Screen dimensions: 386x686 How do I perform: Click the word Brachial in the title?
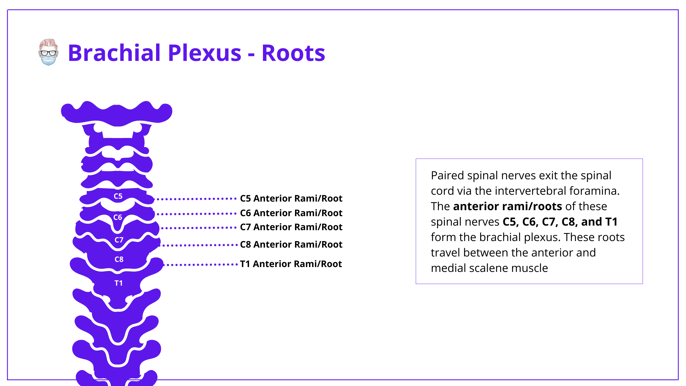point(114,53)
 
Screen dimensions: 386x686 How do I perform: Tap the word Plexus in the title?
point(205,53)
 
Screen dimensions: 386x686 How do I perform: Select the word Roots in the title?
point(293,53)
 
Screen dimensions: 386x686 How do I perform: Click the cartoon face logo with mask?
point(48,52)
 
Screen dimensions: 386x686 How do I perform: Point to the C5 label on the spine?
point(118,196)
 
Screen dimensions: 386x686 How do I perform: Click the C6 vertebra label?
point(117,217)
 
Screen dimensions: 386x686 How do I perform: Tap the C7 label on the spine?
point(119,240)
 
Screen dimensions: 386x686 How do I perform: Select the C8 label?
point(119,259)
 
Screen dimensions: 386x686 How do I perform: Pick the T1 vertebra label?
point(118,283)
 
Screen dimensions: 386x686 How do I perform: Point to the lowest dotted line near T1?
point(202,265)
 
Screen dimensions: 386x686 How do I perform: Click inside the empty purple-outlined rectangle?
point(529,221)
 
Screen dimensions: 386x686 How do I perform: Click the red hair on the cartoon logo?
point(48,43)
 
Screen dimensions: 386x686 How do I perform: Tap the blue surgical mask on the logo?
point(48,60)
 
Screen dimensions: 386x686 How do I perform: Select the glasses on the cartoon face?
point(48,53)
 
